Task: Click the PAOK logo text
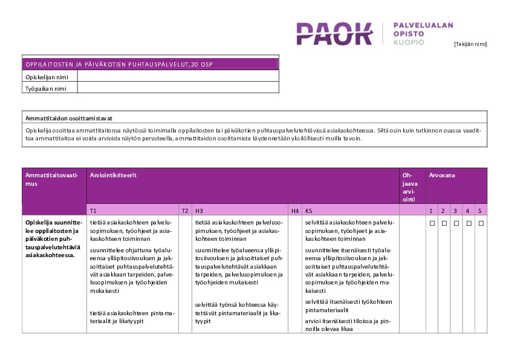pyautogui.click(x=334, y=34)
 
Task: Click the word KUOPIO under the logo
pyautogui.click(x=409, y=43)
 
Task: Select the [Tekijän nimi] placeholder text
pyautogui.click(x=470, y=44)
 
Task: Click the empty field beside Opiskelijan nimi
pyautogui.click(x=178, y=77)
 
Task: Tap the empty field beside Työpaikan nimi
pyautogui.click(x=178, y=88)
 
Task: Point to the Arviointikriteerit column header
pyautogui.click(x=113, y=175)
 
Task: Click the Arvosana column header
pyautogui.click(x=442, y=175)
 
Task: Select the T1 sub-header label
pyautogui.click(x=93, y=211)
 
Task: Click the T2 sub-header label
pyautogui.click(x=185, y=211)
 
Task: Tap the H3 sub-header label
pyautogui.click(x=198, y=211)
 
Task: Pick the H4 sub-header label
pyautogui.click(x=295, y=211)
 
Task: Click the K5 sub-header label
pyautogui.click(x=309, y=211)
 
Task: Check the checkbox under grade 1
pyautogui.click(x=432, y=223)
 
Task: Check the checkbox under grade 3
pyautogui.click(x=456, y=223)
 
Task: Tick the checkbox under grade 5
pyautogui.click(x=480, y=223)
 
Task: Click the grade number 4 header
pyautogui.click(x=467, y=211)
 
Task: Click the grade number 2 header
pyautogui.click(x=443, y=211)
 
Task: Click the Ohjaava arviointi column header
pyautogui.click(x=408, y=187)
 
